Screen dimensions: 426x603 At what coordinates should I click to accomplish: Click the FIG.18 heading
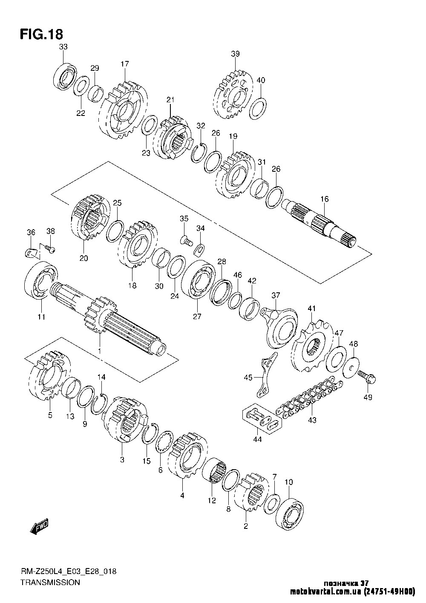42,35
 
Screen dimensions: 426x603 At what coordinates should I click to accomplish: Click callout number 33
63,47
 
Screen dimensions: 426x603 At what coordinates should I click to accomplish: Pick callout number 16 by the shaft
325,199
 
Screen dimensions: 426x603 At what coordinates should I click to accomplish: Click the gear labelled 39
233,95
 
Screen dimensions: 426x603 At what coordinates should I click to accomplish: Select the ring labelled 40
258,108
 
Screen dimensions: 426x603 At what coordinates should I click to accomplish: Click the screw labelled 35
186,240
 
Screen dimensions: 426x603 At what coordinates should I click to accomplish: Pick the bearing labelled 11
41,280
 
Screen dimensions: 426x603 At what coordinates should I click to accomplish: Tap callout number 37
276,295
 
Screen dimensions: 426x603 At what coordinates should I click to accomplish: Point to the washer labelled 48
351,367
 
